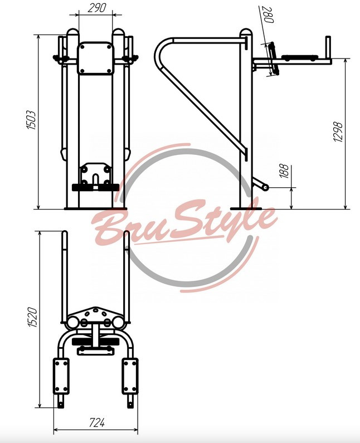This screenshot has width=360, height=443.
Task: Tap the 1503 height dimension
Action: click(31, 120)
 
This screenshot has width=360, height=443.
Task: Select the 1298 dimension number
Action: click(337, 132)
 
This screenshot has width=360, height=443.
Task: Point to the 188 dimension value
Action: click(285, 171)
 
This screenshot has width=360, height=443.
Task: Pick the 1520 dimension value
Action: click(32, 317)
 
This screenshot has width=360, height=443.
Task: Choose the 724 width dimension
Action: click(96, 422)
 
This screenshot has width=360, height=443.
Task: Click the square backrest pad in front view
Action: click(95, 58)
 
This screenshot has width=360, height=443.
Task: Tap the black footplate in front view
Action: click(95, 187)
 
